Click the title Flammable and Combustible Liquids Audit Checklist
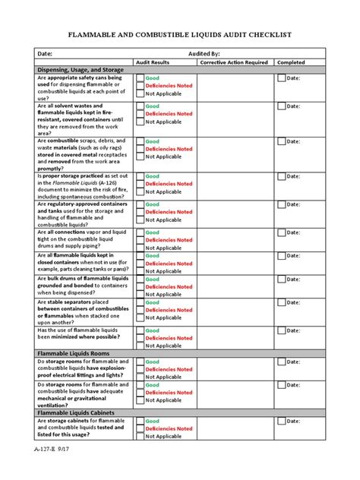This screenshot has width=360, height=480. pyautogui.click(x=180, y=35)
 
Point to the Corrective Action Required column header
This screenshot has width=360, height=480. pyautogui.click(x=233, y=62)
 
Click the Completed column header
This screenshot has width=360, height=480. pyautogui.click(x=292, y=62)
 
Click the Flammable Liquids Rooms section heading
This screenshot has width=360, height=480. pyautogui.click(x=74, y=353)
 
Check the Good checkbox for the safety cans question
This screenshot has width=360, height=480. pyautogui.click(x=140, y=77)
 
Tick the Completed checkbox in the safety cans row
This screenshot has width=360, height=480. pyautogui.click(x=281, y=77)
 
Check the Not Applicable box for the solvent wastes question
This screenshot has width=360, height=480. pyautogui.click(x=140, y=122)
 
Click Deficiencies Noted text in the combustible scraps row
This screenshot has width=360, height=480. pyautogui.click(x=169, y=150)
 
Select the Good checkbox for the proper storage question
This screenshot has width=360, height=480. pyautogui.click(x=140, y=176)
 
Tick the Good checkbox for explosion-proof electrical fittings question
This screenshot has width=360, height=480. pyautogui.click(x=140, y=362)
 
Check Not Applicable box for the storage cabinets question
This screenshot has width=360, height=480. pyautogui.click(x=140, y=437)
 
